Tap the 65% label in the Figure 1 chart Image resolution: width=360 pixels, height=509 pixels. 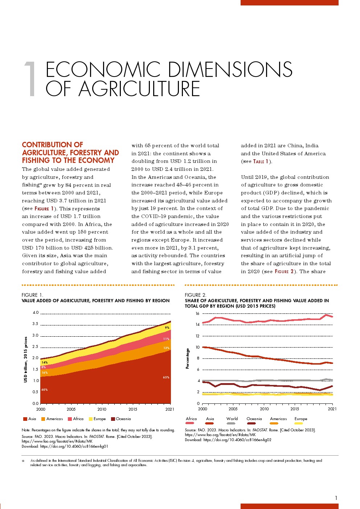tap(166, 377)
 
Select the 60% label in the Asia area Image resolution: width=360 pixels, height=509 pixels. tap(44, 390)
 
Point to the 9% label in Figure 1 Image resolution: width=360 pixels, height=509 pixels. tap(167, 328)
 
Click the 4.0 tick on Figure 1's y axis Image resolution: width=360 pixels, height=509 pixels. tap(36, 313)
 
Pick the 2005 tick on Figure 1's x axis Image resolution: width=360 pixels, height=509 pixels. tap(71, 409)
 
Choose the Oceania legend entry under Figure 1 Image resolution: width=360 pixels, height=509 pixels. tap(121, 419)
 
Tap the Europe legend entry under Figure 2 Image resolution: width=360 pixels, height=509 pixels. tap(300, 419)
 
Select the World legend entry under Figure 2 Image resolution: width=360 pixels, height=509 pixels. tap(232, 419)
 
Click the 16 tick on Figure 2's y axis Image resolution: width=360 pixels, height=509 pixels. tap(197, 313)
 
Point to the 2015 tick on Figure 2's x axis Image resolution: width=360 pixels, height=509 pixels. tap(295, 409)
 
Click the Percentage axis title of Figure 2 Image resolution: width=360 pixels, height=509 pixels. tap(188, 358)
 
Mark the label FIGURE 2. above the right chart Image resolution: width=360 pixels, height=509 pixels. tap(195, 295)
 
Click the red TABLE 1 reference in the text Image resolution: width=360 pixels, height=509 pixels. tap(261, 161)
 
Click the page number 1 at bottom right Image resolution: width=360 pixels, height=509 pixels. tap(336, 498)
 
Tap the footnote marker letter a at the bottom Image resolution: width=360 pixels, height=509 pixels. tap(23, 461)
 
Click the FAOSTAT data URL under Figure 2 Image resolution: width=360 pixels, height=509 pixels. tap(220, 434)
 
